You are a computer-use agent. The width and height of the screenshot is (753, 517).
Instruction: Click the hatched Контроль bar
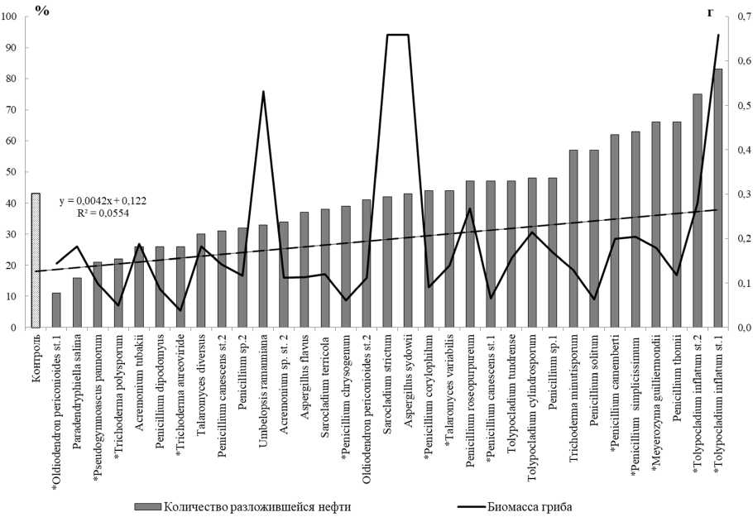point(36,261)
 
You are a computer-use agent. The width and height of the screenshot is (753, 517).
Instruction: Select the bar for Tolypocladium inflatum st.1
point(717,199)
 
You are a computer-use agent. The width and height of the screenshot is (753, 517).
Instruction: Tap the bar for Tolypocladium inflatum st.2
point(697,211)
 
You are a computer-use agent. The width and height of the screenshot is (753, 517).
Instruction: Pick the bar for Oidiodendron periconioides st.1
point(56,310)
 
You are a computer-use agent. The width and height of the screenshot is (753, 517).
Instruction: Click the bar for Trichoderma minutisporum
point(573,239)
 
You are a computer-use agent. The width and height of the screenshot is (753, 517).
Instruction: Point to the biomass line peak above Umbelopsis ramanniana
point(263,92)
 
